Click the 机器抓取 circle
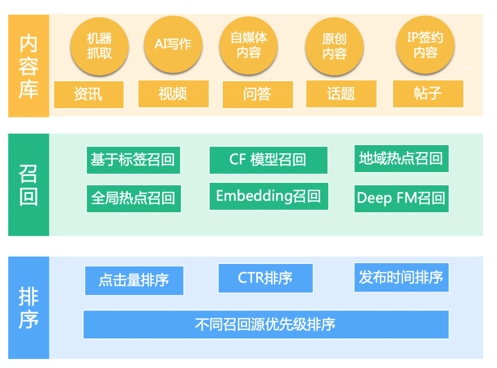tap(99, 46)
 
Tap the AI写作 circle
tap(173, 45)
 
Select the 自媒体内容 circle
tap(248, 46)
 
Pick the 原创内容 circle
tap(334, 47)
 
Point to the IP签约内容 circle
tap(425, 45)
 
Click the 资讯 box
tap(88, 94)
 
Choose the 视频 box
tap(173, 94)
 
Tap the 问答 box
tap(257, 94)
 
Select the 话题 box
tap(341, 94)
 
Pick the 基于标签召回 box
tap(133, 160)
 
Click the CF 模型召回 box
tap(268, 160)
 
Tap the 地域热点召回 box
tap(401, 158)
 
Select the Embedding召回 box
tap(268, 196)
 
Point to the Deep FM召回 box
tap(401, 199)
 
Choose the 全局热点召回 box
tap(133, 199)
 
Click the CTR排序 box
tap(265, 278)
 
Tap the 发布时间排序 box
tap(401, 277)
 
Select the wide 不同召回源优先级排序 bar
tap(266, 324)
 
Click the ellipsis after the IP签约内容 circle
tap(465, 69)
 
